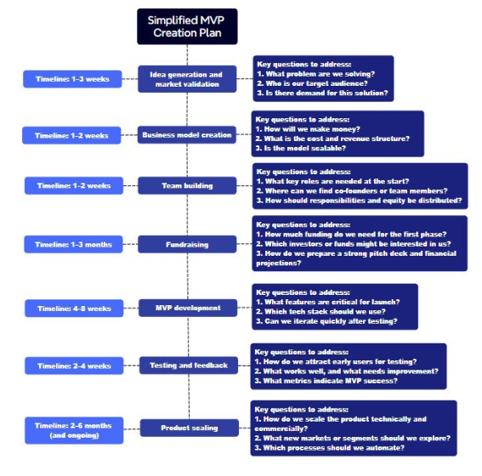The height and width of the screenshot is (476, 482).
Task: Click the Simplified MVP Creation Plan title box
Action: pos(187,26)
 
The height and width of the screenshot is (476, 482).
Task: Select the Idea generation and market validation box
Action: pos(187,79)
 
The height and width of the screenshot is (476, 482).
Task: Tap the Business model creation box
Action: pos(187,135)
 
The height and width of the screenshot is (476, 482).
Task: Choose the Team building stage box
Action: pos(187,185)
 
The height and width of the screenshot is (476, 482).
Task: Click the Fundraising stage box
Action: pos(187,244)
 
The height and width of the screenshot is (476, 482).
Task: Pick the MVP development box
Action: pos(188,308)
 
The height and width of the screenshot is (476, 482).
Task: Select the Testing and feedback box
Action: pos(189,365)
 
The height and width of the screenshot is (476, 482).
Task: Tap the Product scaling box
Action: pos(190,428)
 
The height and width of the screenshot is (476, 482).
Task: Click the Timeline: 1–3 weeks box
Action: pos(72,79)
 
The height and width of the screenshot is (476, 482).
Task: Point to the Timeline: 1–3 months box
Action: pos(73,244)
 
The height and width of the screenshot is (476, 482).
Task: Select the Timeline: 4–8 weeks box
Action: pos(74,309)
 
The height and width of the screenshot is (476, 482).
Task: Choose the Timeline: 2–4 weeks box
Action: pos(74,365)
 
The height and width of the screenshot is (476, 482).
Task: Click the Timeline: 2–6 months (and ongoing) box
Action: pos(74,430)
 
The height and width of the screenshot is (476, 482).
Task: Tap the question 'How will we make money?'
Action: pos(308,129)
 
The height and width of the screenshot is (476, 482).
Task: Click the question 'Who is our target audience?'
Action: pos(312,83)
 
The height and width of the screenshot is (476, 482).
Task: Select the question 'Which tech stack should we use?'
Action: pos(321,312)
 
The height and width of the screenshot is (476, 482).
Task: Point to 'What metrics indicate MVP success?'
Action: pos(326,381)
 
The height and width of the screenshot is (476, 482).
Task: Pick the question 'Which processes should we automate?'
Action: pos(330,448)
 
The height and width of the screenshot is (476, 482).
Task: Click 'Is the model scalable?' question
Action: pos(301,148)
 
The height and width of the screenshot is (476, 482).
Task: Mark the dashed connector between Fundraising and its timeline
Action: pos(130,244)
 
